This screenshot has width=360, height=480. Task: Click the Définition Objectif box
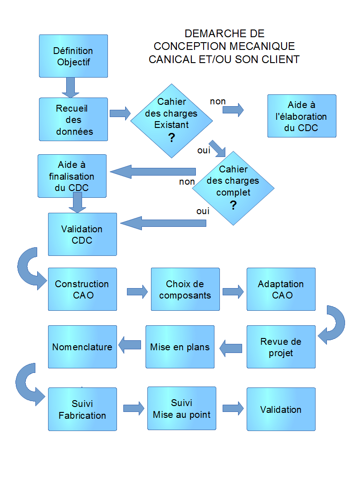click(x=73, y=56)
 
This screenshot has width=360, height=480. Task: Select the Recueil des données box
click(x=73, y=119)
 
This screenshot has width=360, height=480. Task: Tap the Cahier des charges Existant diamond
click(x=171, y=121)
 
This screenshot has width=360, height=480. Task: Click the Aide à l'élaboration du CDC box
click(x=302, y=116)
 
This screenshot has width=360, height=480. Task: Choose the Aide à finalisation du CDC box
click(x=72, y=176)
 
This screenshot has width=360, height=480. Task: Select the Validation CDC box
click(x=82, y=234)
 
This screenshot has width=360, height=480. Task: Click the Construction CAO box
click(x=82, y=289)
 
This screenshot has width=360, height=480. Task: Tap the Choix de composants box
click(x=185, y=289)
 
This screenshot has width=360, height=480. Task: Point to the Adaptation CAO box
click(x=281, y=289)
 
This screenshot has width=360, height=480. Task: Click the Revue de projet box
click(x=281, y=347)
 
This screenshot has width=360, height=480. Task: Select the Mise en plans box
click(x=180, y=347)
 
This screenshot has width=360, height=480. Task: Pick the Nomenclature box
click(x=82, y=347)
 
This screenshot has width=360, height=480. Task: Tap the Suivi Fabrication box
click(x=82, y=409)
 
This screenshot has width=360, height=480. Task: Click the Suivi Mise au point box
click(x=181, y=408)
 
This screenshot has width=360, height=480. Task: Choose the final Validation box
click(x=281, y=409)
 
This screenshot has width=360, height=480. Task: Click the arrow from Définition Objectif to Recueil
click(x=70, y=87)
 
